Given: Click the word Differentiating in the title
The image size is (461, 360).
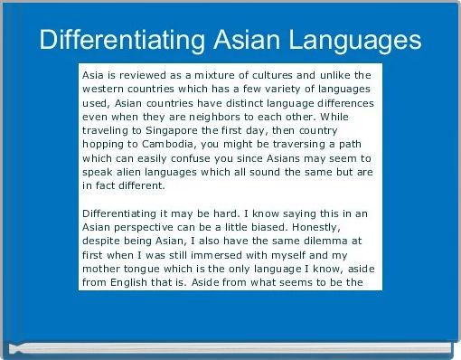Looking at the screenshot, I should point(120,40).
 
